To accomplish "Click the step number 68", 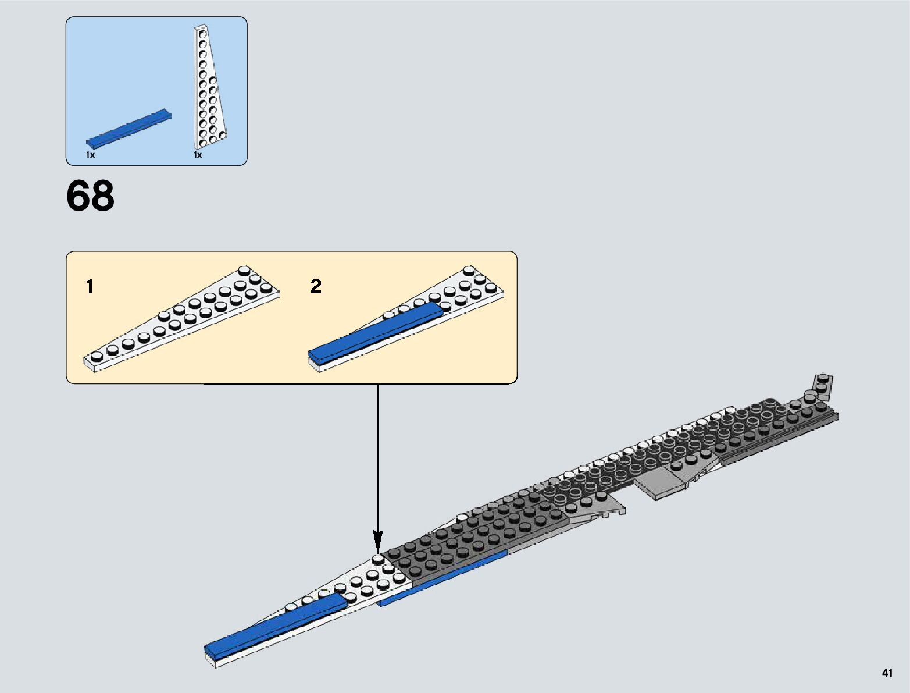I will point(90,196).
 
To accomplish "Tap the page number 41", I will point(887,673).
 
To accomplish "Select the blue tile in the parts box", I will point(129,128).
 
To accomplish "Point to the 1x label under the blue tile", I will point(90,155).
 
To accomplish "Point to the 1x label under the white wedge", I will point(198,155).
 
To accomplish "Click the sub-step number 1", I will point(90,286).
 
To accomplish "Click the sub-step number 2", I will point(316,286).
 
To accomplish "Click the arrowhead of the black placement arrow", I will point(378,544).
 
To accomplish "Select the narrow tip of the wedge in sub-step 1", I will point(93,361).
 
